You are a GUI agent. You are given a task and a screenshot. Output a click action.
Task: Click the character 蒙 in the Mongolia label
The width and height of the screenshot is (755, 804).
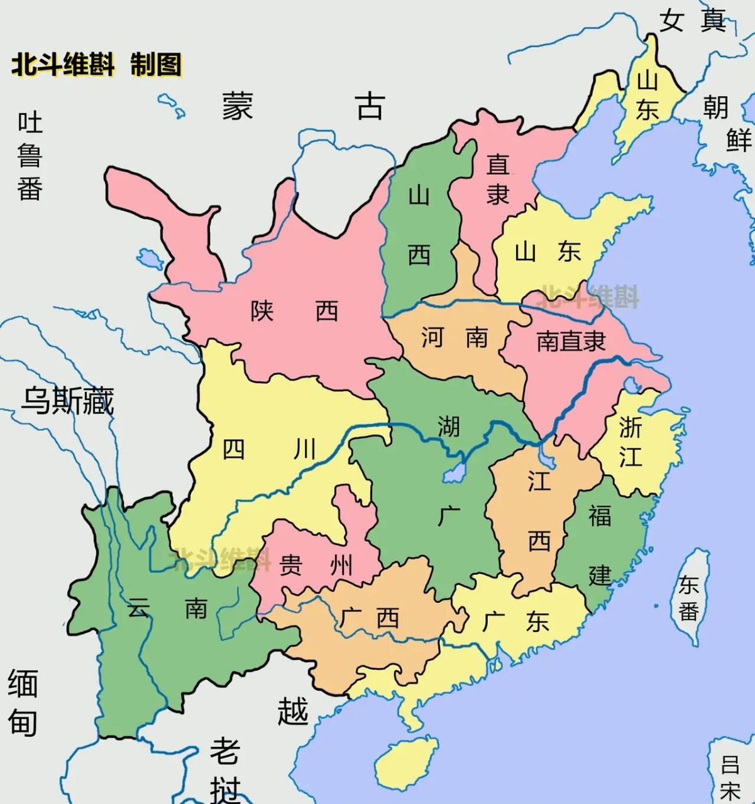[238, 105]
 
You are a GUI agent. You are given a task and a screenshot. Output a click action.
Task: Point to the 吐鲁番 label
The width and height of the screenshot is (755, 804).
[30, 155]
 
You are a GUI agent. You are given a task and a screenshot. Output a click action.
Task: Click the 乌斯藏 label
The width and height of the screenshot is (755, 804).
[67, 400]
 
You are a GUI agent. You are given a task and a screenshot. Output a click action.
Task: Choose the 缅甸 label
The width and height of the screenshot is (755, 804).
[23, 703]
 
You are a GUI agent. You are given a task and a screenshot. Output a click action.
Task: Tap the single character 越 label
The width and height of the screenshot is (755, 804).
[293, 710]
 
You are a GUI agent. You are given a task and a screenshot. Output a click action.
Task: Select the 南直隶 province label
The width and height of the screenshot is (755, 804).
[570, 341]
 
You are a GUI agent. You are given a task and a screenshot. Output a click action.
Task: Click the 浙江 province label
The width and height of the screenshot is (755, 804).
[631, 442]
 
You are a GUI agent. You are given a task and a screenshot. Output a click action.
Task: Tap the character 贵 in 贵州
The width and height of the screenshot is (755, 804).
[290, 565]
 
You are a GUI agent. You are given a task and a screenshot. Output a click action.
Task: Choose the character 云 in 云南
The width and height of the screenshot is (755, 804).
[139, 607]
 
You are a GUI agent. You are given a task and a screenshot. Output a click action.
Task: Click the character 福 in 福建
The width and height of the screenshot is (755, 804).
[600, 515]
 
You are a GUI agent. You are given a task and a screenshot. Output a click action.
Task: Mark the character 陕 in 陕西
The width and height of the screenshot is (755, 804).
[262, 310]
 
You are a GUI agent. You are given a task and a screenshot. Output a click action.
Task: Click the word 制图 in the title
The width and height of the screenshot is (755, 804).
[156, 65]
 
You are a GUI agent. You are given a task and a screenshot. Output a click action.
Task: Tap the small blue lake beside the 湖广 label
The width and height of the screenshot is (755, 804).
[454, 471]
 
